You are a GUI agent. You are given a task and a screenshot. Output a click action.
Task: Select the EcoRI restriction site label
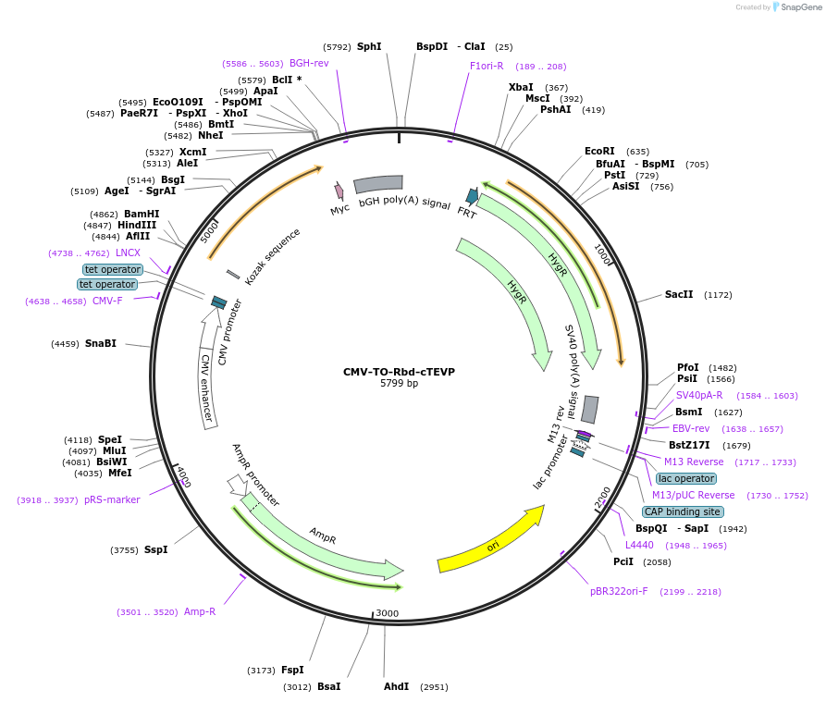tap(599, 151)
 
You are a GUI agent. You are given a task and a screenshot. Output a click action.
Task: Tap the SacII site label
tap(679, 295)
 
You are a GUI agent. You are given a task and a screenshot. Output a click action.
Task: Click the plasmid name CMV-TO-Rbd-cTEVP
tap(399, 372)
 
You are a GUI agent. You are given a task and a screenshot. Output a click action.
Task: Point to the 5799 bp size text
tap(399, 384)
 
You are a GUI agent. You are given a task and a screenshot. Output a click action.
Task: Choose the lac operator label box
tap(686, 478)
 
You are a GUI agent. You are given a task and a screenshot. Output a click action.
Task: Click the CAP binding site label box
tap(683, 511)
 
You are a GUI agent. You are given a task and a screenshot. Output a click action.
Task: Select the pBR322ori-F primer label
tap(619, 591)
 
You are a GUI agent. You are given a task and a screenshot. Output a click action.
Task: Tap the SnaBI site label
tap(101, 343)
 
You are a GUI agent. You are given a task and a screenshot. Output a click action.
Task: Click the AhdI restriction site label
tap(396, 686)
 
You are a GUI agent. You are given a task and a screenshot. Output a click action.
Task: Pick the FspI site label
tap(292, 670)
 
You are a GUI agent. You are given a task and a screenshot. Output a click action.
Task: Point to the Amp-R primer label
tap(200, 611)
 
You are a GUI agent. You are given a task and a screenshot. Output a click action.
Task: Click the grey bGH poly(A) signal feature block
tap(377, 183)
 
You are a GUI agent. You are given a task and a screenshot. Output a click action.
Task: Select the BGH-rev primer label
tap(309, 63)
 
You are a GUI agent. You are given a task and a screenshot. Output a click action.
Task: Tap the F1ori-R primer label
tap(487, 66)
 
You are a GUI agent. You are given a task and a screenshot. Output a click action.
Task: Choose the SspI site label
tap(155, 549)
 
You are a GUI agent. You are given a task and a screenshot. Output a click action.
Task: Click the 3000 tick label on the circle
tap(387, 613)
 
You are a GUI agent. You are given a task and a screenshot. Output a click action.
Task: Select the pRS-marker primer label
tap(112, 499)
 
